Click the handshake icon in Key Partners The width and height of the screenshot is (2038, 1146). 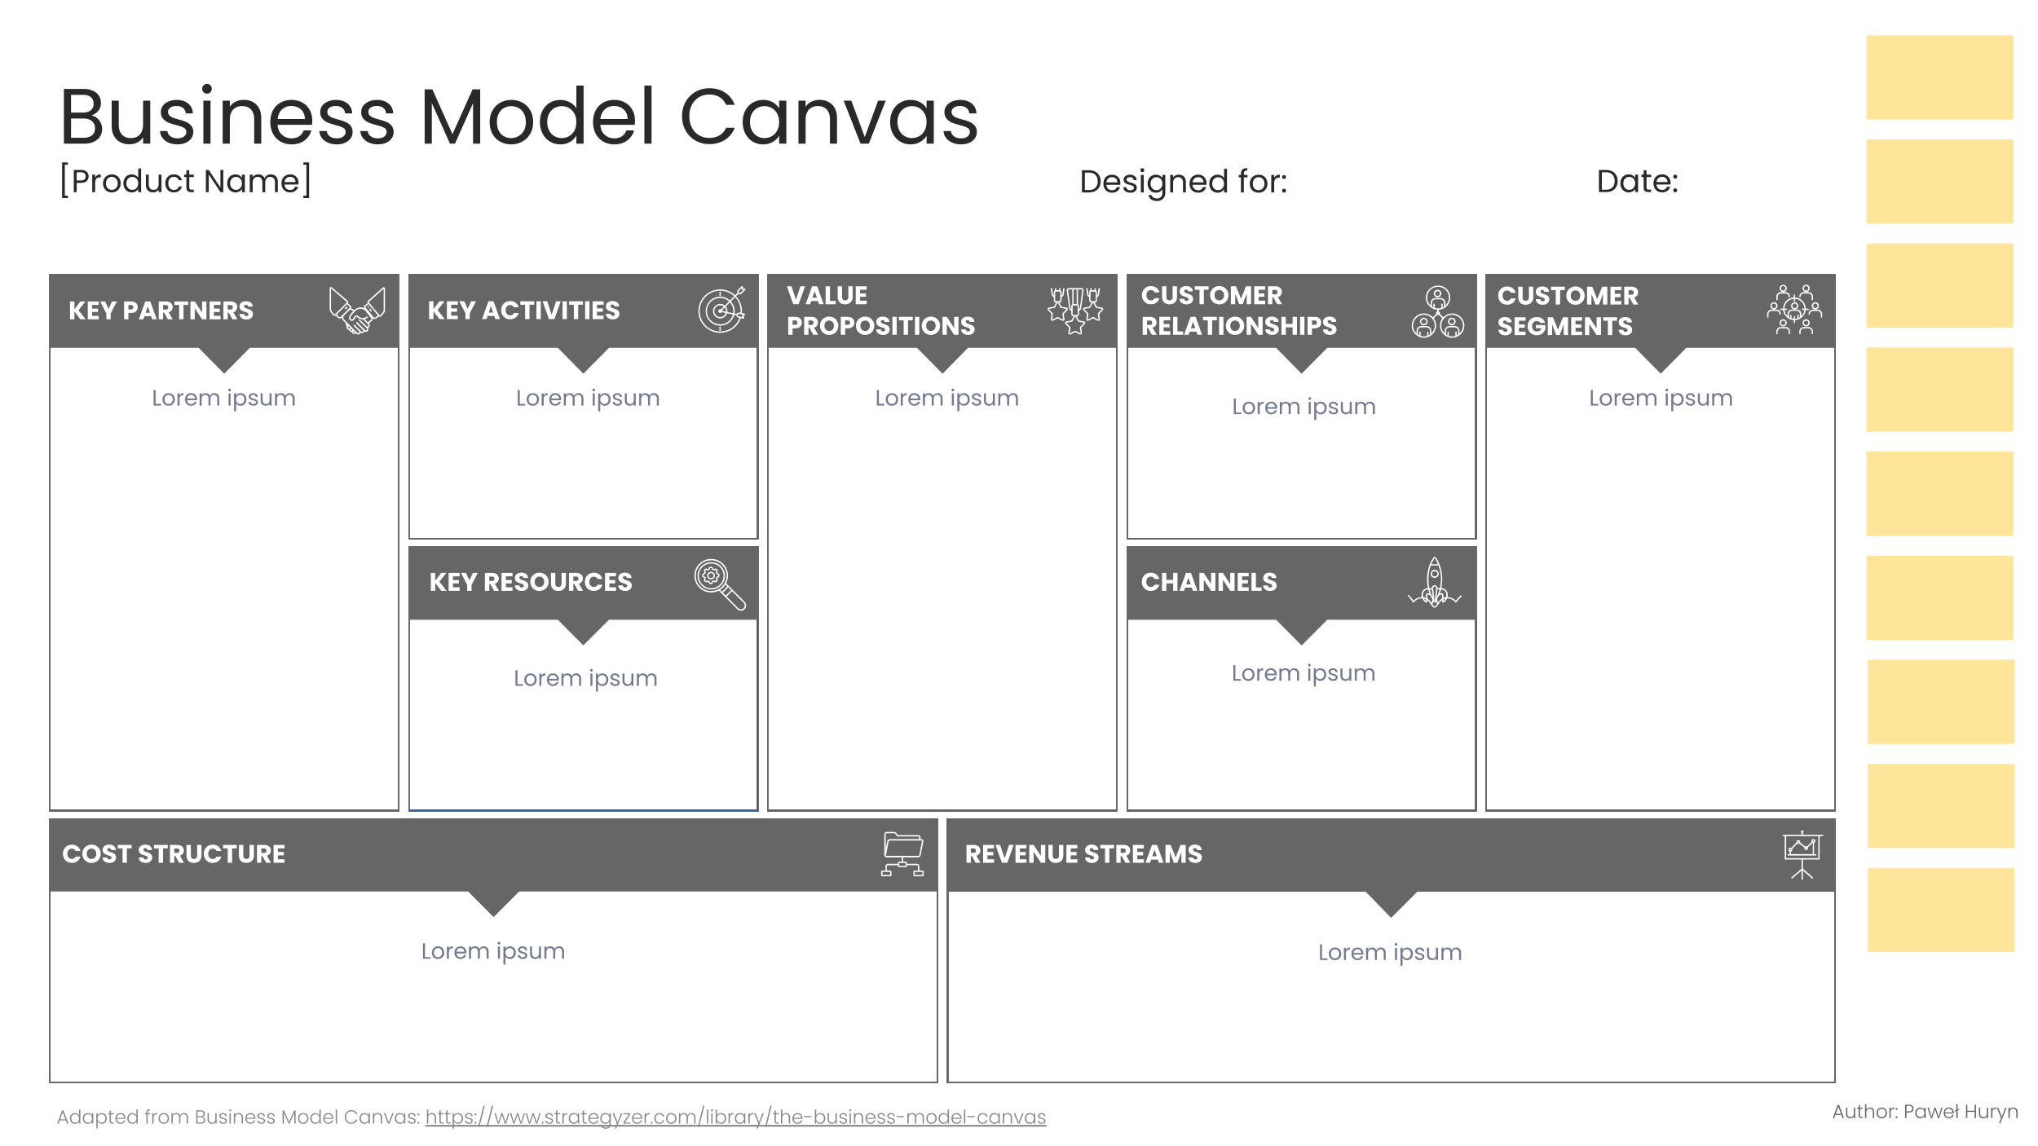[357, 311]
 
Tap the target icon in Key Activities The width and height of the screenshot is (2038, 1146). [721, 310]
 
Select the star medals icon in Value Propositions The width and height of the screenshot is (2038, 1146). [1075, 311]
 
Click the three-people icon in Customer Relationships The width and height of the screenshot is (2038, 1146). [1438, 311]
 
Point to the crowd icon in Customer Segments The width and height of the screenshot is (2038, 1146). [1794, 310]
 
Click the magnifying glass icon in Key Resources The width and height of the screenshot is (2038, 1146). [720, 584]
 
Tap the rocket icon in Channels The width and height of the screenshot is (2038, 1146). [1435, 582]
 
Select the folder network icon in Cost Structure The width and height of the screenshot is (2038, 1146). [902, 854]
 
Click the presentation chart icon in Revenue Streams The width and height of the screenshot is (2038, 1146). [1802, 855]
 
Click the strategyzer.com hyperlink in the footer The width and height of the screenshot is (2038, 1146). [735, 1117]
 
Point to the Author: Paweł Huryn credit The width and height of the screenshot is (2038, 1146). [1925, 1112]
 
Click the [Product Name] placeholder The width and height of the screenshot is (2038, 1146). [186, 181]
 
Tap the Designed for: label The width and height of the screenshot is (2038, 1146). [1183, 182]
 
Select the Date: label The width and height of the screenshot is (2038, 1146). [1637, 181]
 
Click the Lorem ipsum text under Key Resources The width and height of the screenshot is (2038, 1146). [585, 678]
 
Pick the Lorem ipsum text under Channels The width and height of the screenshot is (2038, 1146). [1303, 673]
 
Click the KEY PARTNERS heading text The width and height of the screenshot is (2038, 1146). [161, 311]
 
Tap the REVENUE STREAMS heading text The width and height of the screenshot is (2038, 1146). [1083, 854]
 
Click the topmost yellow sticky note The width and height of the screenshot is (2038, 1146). [1939, 77]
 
